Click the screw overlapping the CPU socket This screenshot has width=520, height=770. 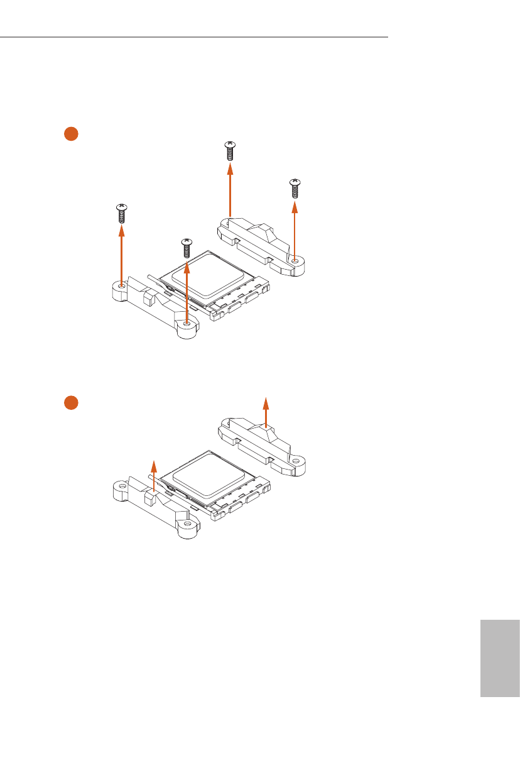click(186, 247)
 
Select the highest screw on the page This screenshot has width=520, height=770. click(230, 152)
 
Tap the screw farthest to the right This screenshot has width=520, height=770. click(294, 189)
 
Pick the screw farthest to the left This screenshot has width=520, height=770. click(121, 214)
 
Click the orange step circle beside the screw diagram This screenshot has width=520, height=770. click(70, 133)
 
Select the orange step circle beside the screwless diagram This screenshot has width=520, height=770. click(70, 402)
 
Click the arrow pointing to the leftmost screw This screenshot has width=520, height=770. click(121, 255)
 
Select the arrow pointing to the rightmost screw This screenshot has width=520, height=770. click(295, 229)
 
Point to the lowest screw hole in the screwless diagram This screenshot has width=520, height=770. click(187, 524)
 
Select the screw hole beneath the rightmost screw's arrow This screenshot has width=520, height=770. click(295, 260)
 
